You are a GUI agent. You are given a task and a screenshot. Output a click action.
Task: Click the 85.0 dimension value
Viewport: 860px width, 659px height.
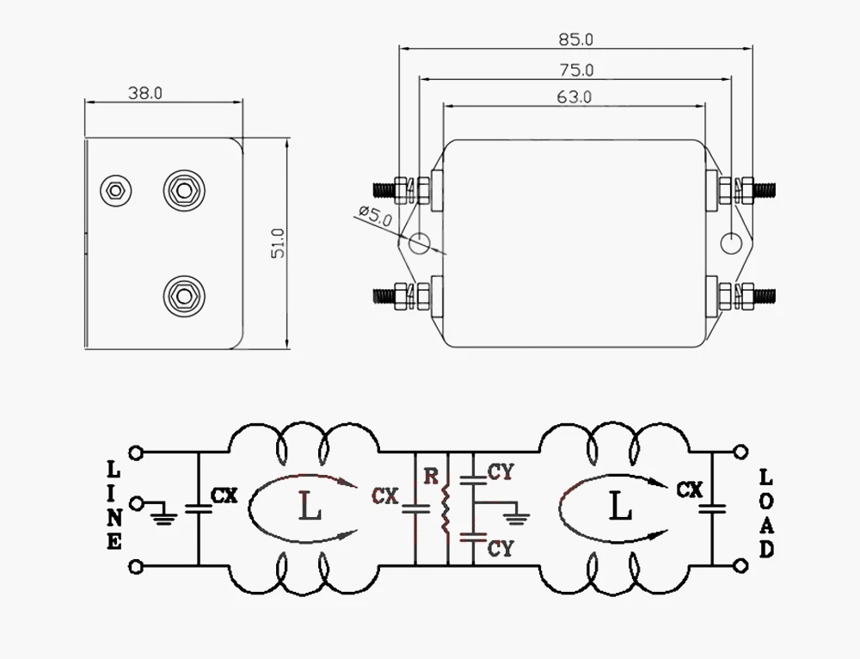point(576,40)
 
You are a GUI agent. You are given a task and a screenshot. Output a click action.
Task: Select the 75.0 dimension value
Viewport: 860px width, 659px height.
point(576,71)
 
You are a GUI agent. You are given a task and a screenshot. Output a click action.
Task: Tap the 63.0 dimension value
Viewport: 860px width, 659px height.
point(574,97)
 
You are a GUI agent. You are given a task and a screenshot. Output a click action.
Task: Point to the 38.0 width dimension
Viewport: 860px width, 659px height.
point(145,93)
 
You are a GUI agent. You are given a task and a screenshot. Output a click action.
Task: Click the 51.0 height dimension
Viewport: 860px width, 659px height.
point(279,243)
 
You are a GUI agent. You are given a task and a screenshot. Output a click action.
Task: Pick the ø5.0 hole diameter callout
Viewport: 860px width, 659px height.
point(376,215)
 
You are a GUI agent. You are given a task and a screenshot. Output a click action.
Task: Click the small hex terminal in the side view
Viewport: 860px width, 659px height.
point(116,191)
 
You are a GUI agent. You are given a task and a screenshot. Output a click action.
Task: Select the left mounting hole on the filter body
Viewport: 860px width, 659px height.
point(420,243)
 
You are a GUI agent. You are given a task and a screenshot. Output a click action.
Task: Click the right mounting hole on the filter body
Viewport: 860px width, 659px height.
point(730,243)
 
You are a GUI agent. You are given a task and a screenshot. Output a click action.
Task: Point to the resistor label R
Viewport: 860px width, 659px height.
point(432,477)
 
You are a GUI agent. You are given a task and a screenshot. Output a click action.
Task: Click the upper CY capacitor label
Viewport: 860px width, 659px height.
point(501,472)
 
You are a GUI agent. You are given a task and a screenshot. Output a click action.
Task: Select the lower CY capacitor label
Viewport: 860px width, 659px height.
point(501,548)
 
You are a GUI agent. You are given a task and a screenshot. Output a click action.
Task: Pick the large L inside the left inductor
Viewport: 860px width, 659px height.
point(310,506)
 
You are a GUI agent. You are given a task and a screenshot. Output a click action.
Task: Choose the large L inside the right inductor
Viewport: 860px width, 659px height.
point(620,505)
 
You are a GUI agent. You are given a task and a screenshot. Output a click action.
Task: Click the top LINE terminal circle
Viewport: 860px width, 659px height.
point(136,453)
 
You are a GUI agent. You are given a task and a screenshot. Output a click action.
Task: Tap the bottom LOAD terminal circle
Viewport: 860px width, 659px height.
point(740,565)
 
